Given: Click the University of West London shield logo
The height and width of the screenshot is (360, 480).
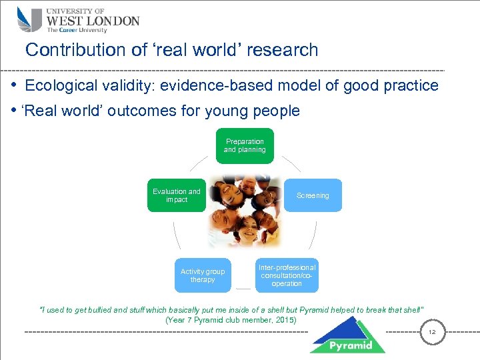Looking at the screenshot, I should [x=30, y=19].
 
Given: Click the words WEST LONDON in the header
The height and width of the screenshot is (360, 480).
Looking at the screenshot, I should [x=93, y=20].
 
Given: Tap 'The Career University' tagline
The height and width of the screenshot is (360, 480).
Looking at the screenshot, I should [x=76, y=30].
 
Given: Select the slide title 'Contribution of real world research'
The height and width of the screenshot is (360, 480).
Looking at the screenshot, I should [x=171, y=50].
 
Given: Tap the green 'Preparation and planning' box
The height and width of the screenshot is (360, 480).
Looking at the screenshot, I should [x=244, y=146].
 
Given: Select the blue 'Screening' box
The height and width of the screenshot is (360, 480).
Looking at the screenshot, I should [x=313, y=195].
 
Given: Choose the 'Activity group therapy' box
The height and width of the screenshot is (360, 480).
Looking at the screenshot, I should [x=203, y=275].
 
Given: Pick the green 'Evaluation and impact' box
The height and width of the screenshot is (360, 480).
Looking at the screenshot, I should [x=176, y=195].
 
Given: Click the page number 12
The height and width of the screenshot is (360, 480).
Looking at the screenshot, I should [x=431, y=332].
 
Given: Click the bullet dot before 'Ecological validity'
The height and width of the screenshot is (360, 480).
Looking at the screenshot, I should [x=13, y=86].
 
